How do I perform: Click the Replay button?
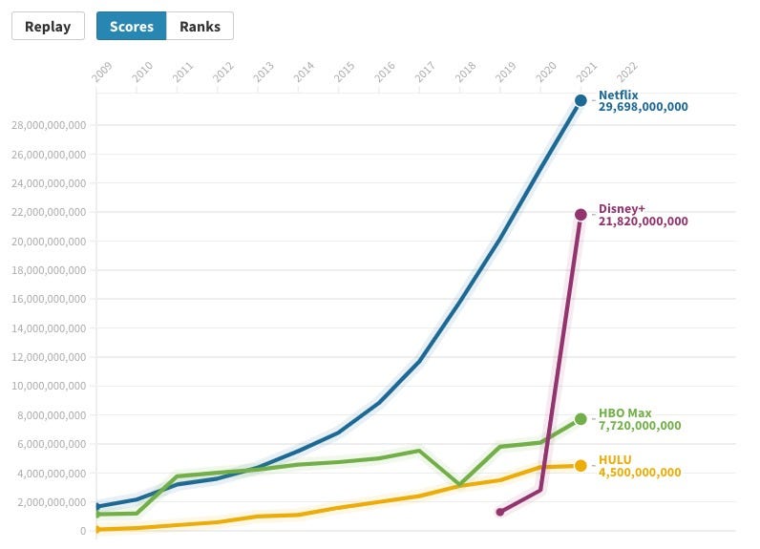click(48, 26)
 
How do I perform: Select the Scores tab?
click(131, 26)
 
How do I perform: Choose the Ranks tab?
click(200, 26)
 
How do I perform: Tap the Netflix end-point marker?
click(581, 100)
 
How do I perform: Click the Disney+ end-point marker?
click(581, 215)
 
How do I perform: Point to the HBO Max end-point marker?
click(581, 419)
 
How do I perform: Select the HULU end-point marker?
click(581, 466)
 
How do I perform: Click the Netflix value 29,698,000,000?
click(643, 107)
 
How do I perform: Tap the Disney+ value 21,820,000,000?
click(643, 222)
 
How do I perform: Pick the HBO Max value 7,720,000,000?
click(640, 426)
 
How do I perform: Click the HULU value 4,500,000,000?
click(640, 473)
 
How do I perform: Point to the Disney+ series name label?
click(623, 209)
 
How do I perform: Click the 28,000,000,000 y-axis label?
click(48, 125)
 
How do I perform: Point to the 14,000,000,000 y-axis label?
click(48, 327)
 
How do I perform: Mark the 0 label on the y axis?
click(83, 531)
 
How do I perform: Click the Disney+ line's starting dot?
click(499, 513)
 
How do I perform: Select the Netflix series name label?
click(618, 95)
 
